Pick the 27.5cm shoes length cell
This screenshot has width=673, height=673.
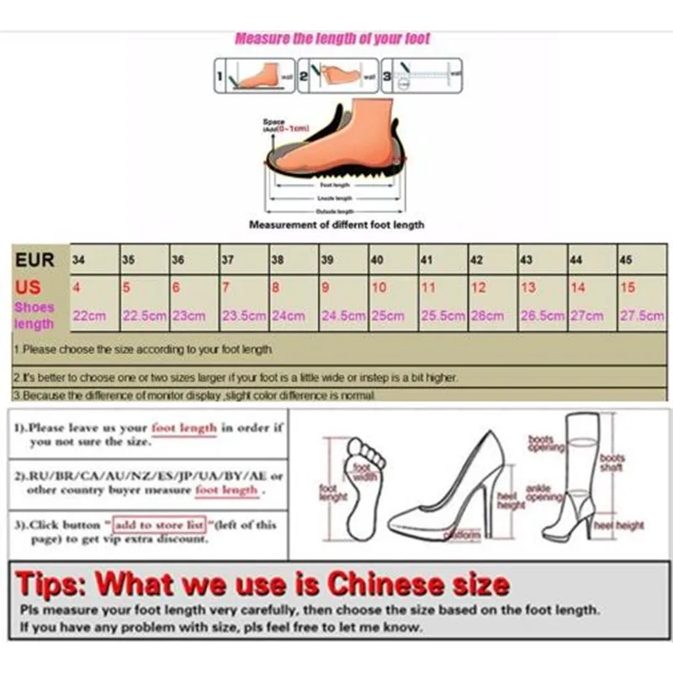[x=641, y=315]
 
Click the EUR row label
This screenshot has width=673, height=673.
[x=34, y=259]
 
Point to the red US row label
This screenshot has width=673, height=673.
[x=28, y=287]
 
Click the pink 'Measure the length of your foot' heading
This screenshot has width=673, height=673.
[x=332, y=38]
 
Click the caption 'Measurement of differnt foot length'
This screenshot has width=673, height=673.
[x=336, y=225]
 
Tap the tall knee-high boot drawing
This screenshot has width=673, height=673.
[x=576, y=475]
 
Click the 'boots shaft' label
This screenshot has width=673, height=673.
[x=612, y=463]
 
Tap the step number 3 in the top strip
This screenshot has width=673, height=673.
[x=388, y=75]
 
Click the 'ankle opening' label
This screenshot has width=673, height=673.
[x=543, y=492]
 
